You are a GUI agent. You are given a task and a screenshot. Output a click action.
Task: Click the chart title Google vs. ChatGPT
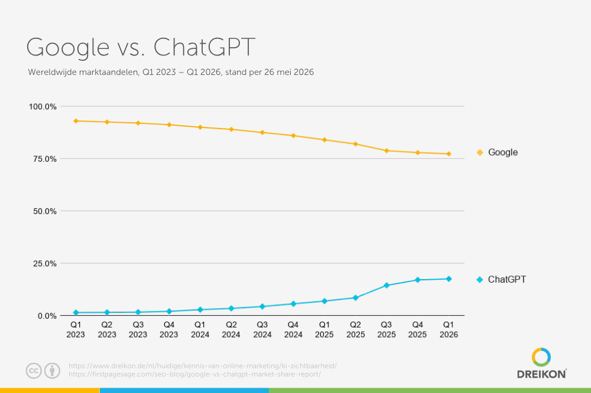[141, 47]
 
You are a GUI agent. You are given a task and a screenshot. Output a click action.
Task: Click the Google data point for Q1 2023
[76, 121]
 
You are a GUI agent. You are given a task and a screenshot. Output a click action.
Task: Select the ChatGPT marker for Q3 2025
[387, 286]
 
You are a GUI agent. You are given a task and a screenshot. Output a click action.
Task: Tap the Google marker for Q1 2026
[449, 153]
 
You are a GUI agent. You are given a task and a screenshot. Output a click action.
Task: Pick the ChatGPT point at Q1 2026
[449, 279]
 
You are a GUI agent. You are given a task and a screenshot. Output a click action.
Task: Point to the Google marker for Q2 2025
[355, 144]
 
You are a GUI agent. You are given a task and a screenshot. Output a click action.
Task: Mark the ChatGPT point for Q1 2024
[200, 309]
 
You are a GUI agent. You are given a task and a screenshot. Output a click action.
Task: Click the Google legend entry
[497, 152]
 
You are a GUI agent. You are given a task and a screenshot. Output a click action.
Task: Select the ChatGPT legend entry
[501, 279]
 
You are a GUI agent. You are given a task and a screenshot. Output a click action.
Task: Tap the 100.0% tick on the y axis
[43, 107]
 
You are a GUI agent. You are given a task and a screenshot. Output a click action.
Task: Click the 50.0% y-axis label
[44, 211]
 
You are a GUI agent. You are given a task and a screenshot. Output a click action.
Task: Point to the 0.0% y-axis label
[47, 316]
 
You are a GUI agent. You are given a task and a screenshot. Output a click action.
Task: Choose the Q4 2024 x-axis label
[293, 329]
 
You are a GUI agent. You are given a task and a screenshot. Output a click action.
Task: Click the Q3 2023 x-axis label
[138, 329]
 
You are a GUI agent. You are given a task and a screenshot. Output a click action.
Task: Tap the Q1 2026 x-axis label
[449, 329]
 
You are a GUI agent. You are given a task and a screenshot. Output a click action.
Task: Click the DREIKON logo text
[541, 374]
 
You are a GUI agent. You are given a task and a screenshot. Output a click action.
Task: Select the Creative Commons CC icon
[34, 371]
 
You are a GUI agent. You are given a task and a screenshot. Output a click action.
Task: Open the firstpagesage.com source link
[194, 374]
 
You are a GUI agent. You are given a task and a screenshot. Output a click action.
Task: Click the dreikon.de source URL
[202, 365]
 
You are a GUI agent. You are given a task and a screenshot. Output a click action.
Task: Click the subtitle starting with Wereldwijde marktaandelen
[171, 72]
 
